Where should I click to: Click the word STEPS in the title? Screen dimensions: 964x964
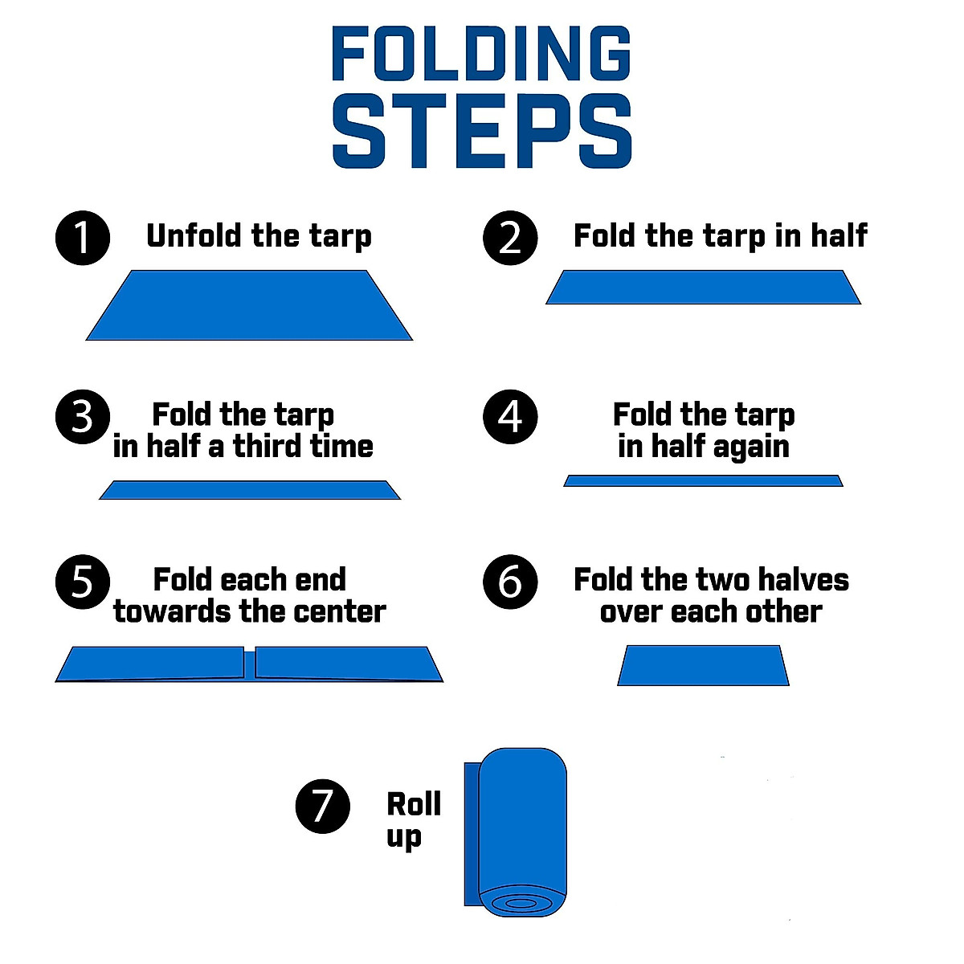click(x=481, y=132)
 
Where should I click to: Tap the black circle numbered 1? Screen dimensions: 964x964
click(x=82, y=238)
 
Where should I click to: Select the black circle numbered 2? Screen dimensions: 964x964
click(x=510, y=238)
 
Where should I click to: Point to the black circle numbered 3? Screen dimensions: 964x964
click(x=82, y=417)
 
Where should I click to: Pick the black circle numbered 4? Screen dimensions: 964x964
click(x=510, y=417)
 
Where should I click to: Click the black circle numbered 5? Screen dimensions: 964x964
click(x=82, y=582)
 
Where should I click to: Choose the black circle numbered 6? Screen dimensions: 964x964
click(x=510, y=582)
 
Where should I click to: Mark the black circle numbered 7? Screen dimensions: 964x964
click(x=322, y=806)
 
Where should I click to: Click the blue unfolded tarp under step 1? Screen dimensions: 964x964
click(x=249, y=305)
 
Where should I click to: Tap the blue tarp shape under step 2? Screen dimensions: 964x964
click(x=703, y=287)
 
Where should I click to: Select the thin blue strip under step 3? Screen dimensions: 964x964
click(x=249, y=490)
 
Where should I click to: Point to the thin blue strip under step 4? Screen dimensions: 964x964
click(x=703, y=481)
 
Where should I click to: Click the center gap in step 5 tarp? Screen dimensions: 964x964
click(x=250, y=664)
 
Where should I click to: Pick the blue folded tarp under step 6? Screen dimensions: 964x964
click(x=703, y=665)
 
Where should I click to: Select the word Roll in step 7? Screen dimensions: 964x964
click(x=414, y=804)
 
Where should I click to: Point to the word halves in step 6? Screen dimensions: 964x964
click(x=803, y=580)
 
